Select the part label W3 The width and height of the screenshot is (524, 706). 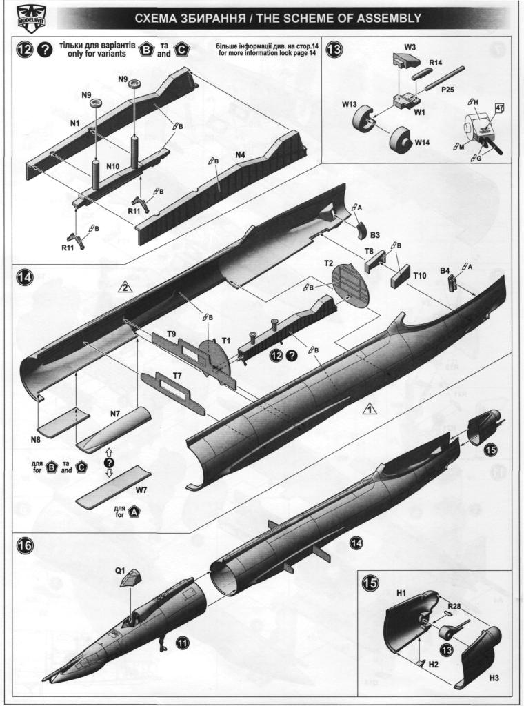point(410,46)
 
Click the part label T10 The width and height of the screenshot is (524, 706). point(420,274)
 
